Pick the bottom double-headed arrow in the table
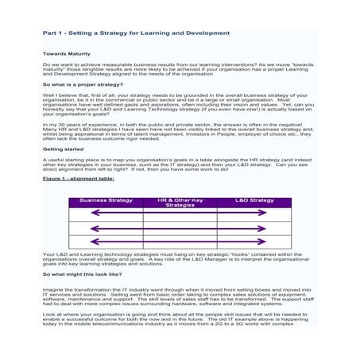coord(179,243)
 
